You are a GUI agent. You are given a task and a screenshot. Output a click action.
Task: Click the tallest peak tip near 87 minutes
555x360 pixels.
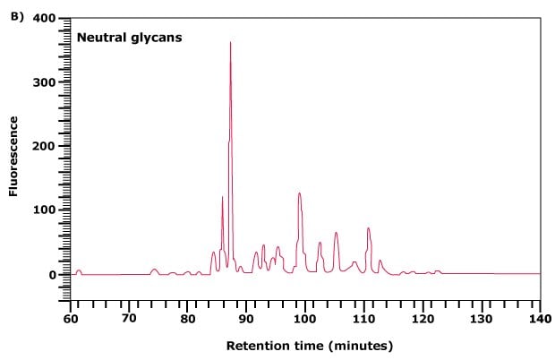pyautogui.click(x=230, y=43)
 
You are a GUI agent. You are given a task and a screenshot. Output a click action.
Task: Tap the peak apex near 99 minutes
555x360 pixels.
pyautogui.click(x=299, y=193)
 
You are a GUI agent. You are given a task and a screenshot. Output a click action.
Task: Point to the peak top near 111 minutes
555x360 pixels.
pyautogui.click(x=368, y=228)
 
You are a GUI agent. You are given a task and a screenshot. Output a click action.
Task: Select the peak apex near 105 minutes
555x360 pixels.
pyautogui.click(x=336, y=233)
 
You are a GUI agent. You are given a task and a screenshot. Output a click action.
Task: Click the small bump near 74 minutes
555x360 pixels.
pyautogui.click(x=154, y=269)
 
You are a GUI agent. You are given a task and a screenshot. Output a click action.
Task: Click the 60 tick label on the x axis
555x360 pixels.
pyautogui.click(x=70, y=318)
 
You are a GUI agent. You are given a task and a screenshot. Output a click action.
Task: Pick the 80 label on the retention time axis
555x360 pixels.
pyautogui.click(x=187, y=318)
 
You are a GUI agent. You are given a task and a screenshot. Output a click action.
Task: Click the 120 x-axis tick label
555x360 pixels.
pyautogui.click(x=423, y=318)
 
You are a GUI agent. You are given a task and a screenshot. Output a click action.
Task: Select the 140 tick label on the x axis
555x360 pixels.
pyautogui.click(x=540, y=318)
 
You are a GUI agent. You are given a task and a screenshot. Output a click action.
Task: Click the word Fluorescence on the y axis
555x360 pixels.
pyautogui.click(x=14, y=147)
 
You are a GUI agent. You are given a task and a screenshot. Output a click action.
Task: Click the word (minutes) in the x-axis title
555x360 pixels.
pyautogui.click(x=361, y=345)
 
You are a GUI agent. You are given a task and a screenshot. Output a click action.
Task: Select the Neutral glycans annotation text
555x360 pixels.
pyautogui.click(x=129, y=38)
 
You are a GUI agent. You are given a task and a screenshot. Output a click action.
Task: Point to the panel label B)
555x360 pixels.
pyautogui.click(x=15, y=16)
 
